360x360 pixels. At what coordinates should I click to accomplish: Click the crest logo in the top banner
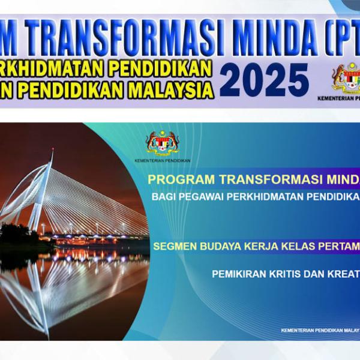(347, 77)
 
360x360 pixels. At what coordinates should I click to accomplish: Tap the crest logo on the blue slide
(163, 143)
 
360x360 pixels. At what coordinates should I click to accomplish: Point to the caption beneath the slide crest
(163, 161)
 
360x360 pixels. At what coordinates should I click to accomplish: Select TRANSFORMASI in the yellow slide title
(253, 179)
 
